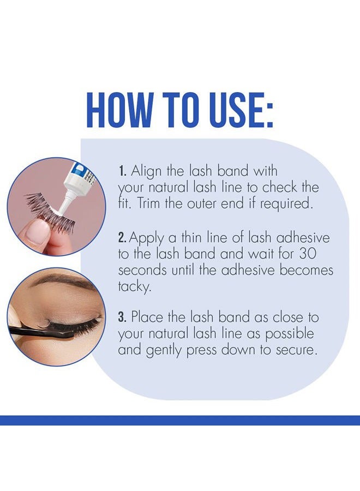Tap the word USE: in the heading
tap(238, 110)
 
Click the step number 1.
tap(122, 171)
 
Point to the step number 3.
tap(122, 317)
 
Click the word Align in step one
tap(146, 172)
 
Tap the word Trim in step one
tap(148, 204)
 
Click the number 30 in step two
tap(308, 254)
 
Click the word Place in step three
tap(147, 317)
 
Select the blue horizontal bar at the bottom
tap(180, 420)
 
